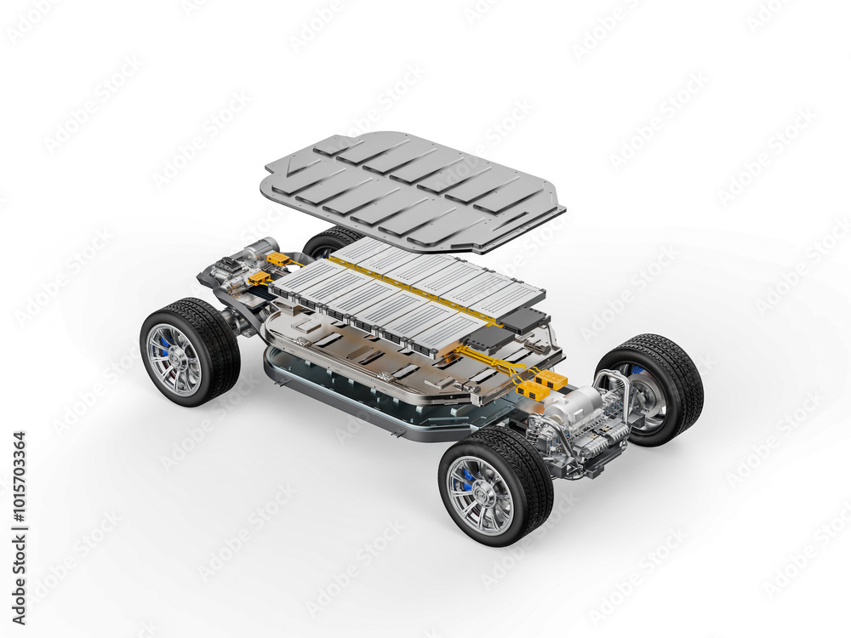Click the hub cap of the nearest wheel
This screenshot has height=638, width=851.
482,495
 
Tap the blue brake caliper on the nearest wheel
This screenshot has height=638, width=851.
466,477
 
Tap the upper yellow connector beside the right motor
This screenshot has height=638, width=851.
551,378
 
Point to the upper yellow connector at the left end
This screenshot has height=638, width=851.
277,259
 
